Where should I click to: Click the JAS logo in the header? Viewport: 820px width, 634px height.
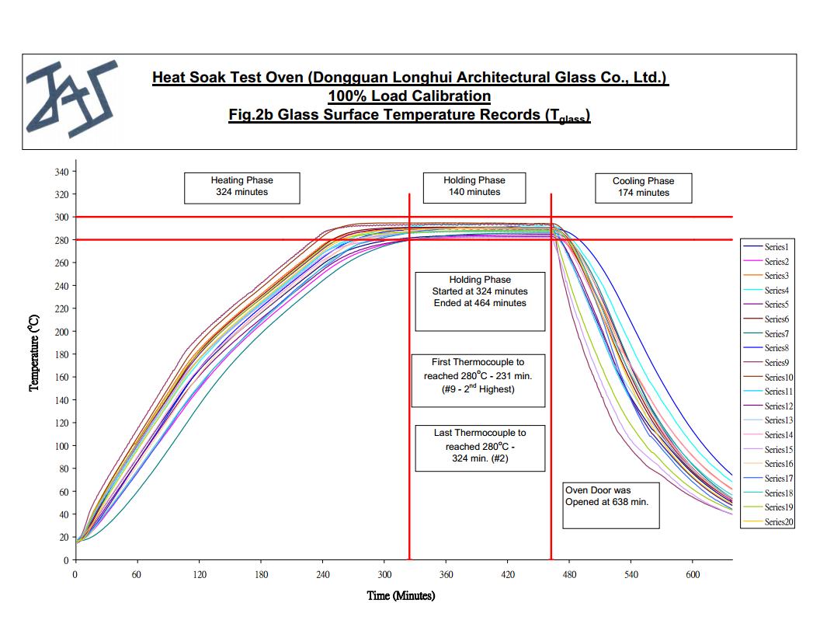pos(71,99)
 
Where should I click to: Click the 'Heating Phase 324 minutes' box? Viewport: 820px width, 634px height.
pos(241,186)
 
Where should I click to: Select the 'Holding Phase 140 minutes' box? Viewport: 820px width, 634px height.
pos(474,186)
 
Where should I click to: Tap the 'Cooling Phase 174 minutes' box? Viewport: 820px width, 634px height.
pos(643,187)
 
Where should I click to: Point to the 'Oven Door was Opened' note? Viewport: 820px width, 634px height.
pos(610,504)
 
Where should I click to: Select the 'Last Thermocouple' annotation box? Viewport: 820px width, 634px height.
pos(480,447)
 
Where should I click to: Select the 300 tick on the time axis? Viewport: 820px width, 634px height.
pos(384,575)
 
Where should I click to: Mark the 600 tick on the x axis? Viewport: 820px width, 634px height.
pos(693,575)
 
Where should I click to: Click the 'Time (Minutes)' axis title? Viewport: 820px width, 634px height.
pos(401,596)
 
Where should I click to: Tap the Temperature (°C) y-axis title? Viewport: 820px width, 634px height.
pos(34,354)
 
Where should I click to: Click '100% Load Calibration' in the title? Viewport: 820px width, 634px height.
pos(409,96)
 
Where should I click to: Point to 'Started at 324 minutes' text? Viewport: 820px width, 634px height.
pos(480,291)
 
